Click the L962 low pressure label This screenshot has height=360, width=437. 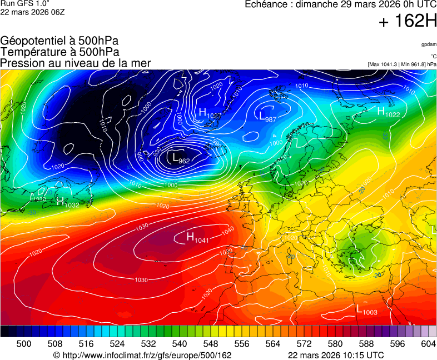click(x=181, y=159)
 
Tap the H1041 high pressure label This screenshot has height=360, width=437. click(x=197, y=238)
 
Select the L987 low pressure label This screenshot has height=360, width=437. click(x=267, y=116)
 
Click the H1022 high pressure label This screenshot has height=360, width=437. click(x=388, y=112)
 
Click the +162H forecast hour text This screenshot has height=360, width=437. click(x=407, y=22)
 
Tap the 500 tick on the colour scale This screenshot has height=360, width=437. click(x=24, y=344)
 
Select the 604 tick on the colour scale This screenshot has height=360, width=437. click(x=428, y=344)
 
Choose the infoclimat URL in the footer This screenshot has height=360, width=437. click(x=142, y=355)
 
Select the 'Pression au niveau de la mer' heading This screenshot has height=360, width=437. click(x=76, y=63)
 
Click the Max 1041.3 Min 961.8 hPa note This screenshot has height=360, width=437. click(x=401, y=64)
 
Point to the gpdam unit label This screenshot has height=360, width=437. click(x=428, y=44)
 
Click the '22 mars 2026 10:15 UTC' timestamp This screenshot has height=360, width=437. click(x=335, y=355)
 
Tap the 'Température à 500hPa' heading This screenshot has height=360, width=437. click(x=59, y=52)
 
